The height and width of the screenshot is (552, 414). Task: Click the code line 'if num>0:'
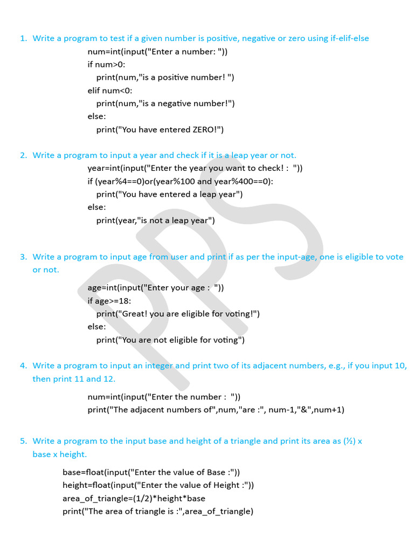point(106,65)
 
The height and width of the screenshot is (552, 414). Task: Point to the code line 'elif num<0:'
point(109,91)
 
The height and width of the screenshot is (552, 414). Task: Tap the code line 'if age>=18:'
point(109,301)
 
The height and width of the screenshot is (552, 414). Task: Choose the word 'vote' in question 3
point(394,257)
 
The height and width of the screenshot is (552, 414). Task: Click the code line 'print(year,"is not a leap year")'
point(156,220)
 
